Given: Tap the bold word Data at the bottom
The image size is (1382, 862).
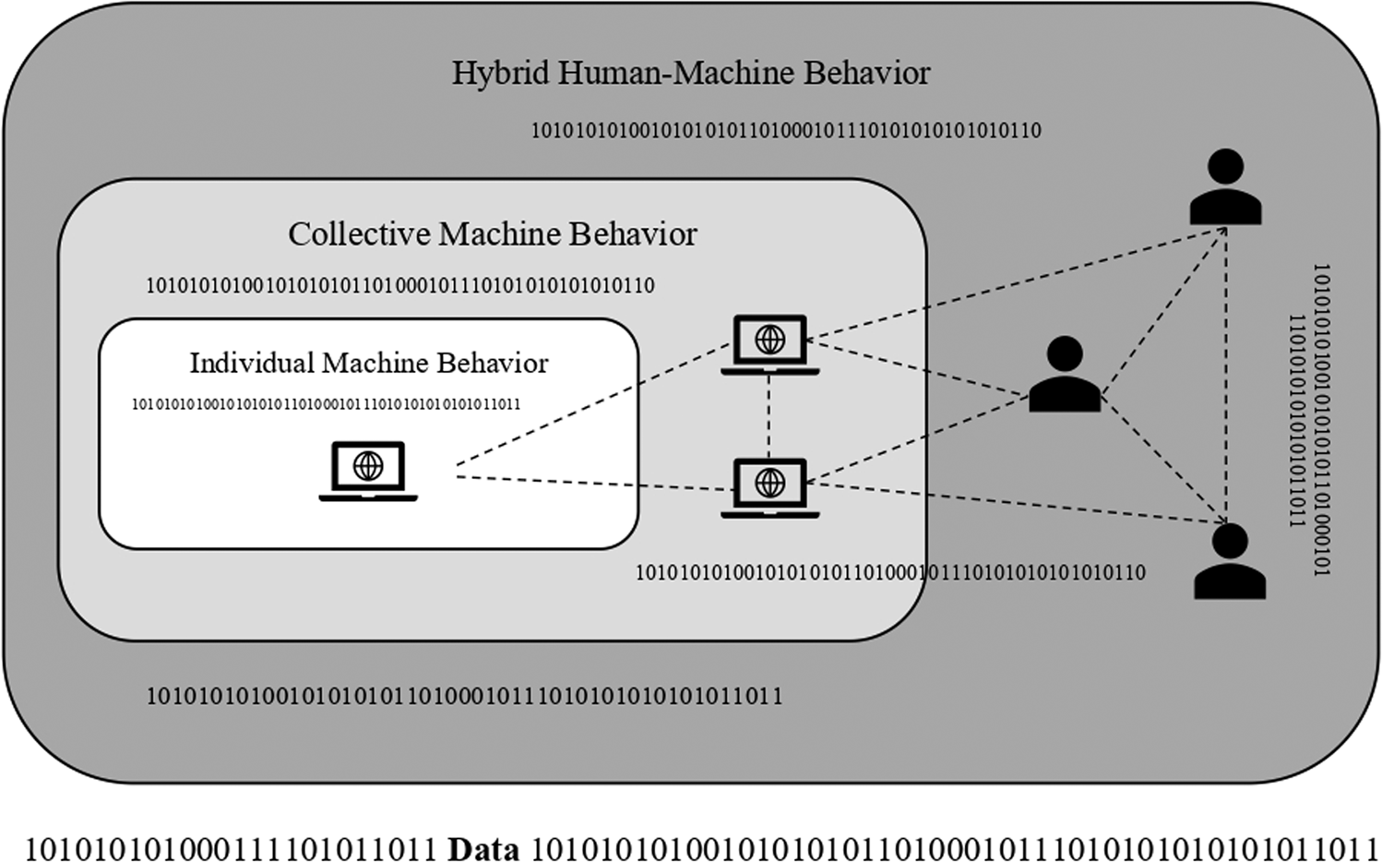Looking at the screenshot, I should click(x=483, y=847).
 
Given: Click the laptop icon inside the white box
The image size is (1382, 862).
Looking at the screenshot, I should click(x=368, y=470).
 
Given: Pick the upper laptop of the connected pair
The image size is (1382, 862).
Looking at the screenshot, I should click(x=769, y=344).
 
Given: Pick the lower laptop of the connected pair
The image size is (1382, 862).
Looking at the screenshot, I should click(x=769, y=486).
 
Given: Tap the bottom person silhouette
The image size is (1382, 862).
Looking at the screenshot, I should click(x=1229, y=563).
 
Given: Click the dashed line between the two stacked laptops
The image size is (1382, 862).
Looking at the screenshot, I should click(x=769, y=415).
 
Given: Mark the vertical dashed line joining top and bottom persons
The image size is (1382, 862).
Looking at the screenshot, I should click(x=1225, y=369).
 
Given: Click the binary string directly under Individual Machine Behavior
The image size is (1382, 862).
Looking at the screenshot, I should click(x=326, y=404).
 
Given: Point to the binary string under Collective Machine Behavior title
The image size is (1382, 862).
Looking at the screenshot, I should click(x=399, y=286).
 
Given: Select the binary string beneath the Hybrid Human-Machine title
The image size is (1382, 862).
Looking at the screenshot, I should click(x=785, y=131).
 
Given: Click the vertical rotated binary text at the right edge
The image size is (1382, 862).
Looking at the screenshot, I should click(x=1309, y=420).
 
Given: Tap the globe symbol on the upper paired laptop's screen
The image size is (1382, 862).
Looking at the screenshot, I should click(x=769, y=340).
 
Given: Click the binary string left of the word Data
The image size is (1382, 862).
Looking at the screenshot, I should click(x=231, y=847).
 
